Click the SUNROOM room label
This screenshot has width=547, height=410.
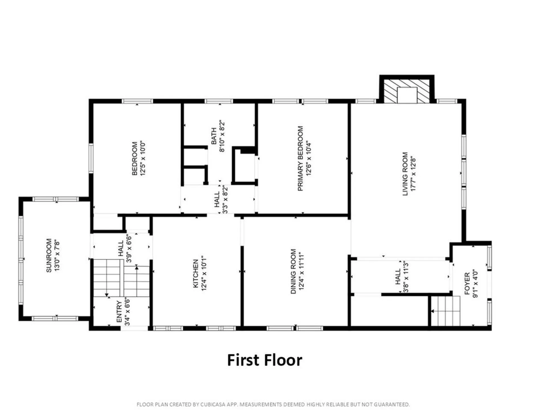coord(49,255)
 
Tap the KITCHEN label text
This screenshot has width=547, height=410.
coord(196,273)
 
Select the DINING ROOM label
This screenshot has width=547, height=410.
coord(293,271)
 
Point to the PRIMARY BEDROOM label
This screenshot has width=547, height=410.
coord(300,158)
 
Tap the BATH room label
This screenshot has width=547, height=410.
coord(214,136)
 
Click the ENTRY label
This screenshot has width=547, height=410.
coord(119,312)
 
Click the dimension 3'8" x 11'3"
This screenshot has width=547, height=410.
coord(406,277)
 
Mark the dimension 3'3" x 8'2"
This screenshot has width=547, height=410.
coord(225,199)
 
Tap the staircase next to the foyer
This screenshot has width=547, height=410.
coord(446,311)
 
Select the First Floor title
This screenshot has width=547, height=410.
coord(264,360)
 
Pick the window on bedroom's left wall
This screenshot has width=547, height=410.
coord(91,158)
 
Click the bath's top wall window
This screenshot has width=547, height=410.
coord(219,101)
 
